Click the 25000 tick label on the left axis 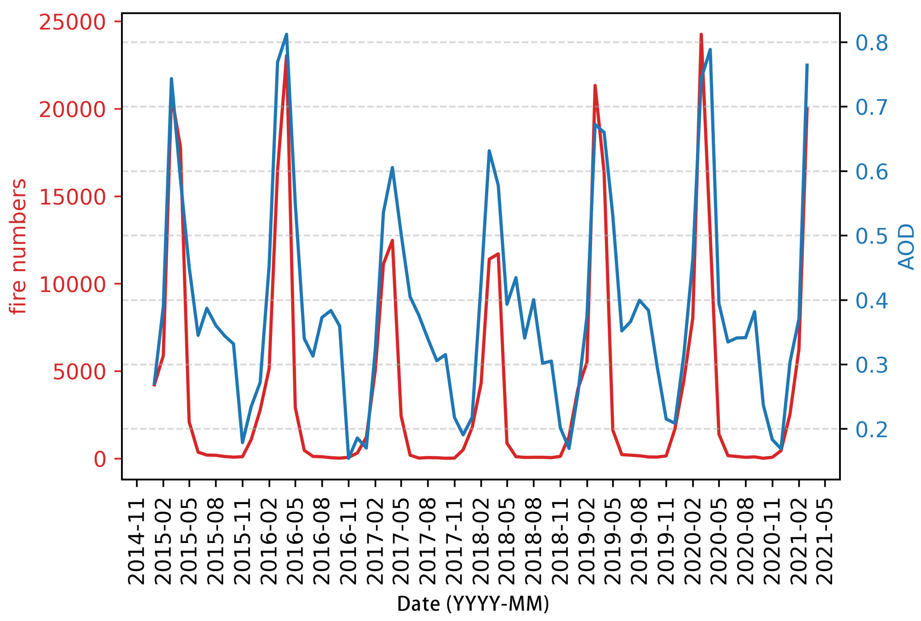tap(72, 22)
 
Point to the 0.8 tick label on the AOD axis tap(871, 43)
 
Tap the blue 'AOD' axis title tap(906, 247)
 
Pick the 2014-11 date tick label tap(137, 542)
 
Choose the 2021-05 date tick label tap(825, 542)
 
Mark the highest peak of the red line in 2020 tap(701, 35)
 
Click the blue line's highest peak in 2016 tap(286, 34)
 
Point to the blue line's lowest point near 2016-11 tap(349, 458)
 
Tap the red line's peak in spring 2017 tap(392, 240)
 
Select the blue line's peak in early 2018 tap(489, 150)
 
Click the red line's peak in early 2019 tap(595, 86)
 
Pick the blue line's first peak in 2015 tap(171, 78)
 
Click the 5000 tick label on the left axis tap(79, 372)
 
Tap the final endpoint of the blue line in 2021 tap(807, 64)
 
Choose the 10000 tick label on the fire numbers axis tap(72, 284)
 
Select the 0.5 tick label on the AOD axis tap(871, 236)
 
